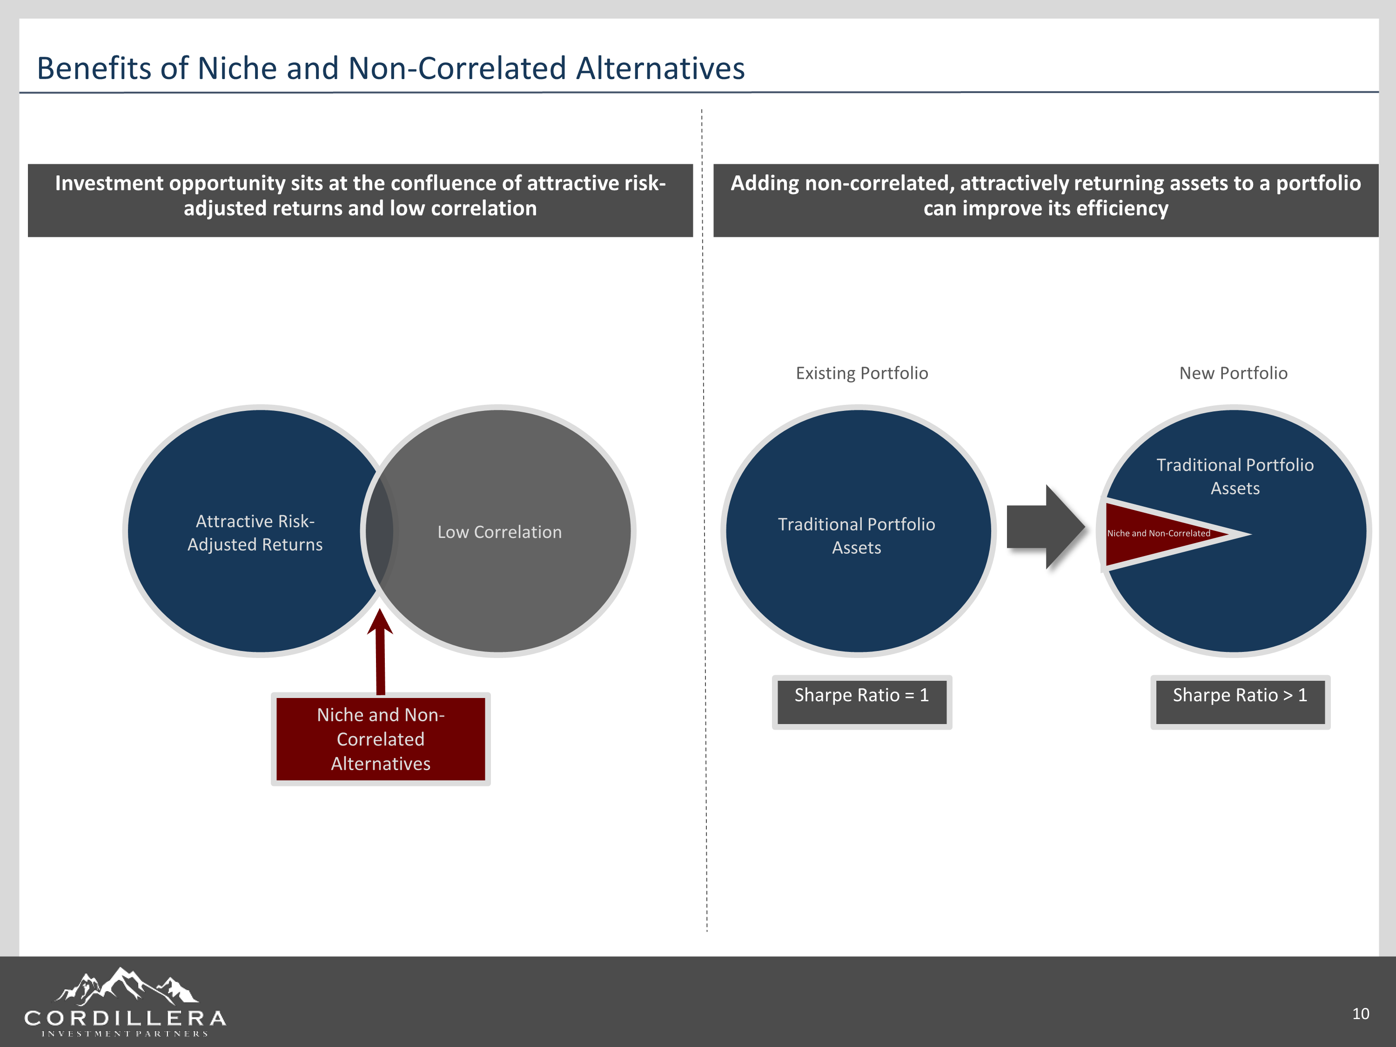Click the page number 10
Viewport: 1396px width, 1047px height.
click(1360, 1013)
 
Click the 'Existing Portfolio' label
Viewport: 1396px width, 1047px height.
click(861, 373)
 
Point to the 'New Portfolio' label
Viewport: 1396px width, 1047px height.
click(1233, 373)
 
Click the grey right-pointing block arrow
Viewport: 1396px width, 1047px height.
click(1045, 527)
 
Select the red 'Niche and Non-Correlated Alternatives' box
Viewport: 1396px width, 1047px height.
click(381, 739)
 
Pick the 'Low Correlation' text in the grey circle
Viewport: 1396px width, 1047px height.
click(499, 532)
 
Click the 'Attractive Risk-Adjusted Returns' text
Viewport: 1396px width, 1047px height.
click(255, 533)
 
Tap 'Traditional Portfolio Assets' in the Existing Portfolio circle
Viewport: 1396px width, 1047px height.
click(856, 536)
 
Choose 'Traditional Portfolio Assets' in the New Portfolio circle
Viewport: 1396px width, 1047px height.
click(1235, 477)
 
